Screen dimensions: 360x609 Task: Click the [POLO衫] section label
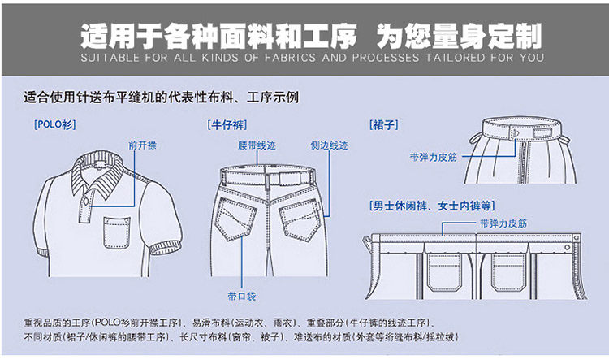click(53, 125)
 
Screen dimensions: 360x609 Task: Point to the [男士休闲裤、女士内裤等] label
click(431, 204)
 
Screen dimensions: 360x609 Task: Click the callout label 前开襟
click(142, 145)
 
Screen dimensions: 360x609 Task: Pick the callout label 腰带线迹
click(257, 145)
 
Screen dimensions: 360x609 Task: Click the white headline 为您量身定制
click(460, 36)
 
